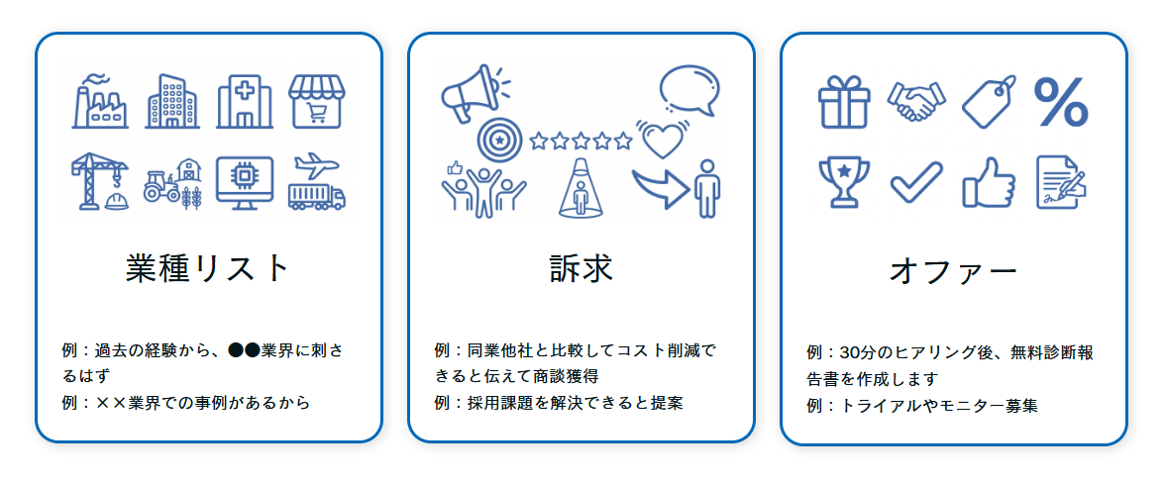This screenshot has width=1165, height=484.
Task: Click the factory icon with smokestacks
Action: [101, 101]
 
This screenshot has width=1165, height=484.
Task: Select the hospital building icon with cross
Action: [244, 101]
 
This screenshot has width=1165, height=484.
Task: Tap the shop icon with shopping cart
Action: [317, 101]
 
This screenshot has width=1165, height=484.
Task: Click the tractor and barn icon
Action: [172, 182]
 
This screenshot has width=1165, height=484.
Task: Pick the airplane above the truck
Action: [317, 162]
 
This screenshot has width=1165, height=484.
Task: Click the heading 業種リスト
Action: [208, 268]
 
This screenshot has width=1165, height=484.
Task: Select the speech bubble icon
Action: [688, 90]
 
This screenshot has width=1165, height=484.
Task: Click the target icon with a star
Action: [497, 141]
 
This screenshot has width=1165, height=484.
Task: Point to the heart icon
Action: [662, 141]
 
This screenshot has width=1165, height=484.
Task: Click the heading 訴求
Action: [582, 268]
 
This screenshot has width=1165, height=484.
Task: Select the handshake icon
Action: [915, 101]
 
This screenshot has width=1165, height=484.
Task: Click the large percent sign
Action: [1061, 102]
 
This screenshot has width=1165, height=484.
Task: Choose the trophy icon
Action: [843, 181]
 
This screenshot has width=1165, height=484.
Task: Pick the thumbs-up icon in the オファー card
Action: [989, 182]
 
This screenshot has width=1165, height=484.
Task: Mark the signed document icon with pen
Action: [1060, 182]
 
